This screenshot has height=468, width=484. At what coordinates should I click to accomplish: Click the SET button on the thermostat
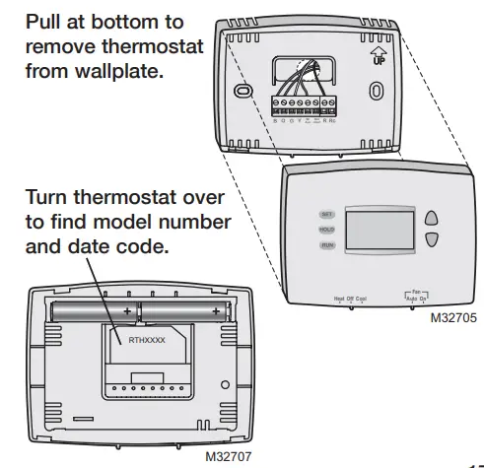pyautogui.click(x=327, y=214)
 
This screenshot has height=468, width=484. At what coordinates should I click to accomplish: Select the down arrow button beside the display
pyautogui.click(x=430, y=239)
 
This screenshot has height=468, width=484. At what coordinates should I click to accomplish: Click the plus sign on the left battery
pyautogui.click(x=127, y=311)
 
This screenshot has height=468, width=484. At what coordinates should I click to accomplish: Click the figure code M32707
pyautogui.click(x=228, y=458)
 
